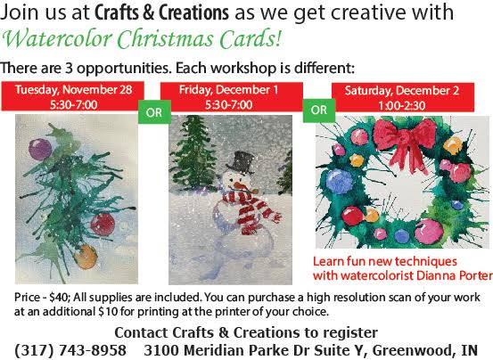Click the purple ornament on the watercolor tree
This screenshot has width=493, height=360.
coord(40,149)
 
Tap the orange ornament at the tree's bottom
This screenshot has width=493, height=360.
coord(86,257)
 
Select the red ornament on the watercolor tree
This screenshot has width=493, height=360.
coord(103,225)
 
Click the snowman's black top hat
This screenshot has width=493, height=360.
coord(240,162)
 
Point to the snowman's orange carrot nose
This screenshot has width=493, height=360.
coord(242,187)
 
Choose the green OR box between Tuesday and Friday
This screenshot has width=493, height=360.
coord(154,112)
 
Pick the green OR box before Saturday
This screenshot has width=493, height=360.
coord(319,110)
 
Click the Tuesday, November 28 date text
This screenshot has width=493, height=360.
coord(74,89)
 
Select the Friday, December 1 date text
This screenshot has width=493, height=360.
coord(228,90)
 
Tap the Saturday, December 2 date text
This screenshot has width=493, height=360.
coord(402,91)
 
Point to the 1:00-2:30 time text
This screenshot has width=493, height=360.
coord(402,105)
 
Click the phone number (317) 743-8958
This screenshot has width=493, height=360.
coord(70,350)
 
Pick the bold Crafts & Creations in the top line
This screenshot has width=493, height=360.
coord(161,12)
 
